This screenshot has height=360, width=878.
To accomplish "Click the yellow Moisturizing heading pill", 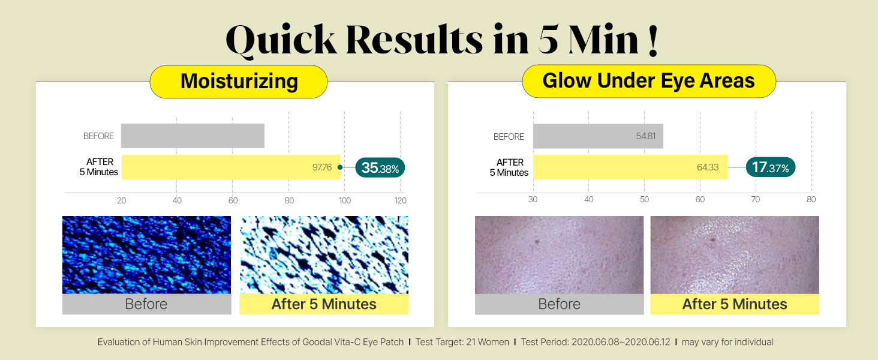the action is coord(239,82).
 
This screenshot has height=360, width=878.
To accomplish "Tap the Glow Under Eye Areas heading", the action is coord(649,81).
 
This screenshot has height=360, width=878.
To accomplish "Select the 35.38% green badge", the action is coord(380,168).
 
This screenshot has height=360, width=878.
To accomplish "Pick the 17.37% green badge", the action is coord(770,167).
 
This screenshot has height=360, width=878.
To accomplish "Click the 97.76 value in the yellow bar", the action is coord(322,167).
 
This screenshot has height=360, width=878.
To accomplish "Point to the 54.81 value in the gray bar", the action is coord(645,136).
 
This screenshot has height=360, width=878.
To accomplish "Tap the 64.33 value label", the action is coord(708,167).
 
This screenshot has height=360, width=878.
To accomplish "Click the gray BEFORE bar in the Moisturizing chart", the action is coord(193,136).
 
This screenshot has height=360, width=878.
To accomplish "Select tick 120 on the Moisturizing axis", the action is coord(400,200).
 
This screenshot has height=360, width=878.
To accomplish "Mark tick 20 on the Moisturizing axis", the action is coord(122,200).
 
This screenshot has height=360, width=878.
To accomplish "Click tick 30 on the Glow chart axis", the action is coord(533,199).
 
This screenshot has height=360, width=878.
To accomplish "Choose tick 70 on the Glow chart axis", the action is coord(755,199).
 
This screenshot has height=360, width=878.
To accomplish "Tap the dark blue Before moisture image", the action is coord(146,254).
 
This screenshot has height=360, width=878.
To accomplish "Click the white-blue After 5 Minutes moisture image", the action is coord(324,254).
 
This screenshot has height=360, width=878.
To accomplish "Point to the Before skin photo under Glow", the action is coord(559,254).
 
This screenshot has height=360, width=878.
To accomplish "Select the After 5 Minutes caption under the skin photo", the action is coord(735,304).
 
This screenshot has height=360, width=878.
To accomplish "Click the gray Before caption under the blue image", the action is coord(146,304).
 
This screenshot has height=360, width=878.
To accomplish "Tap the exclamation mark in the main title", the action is coord(653,40).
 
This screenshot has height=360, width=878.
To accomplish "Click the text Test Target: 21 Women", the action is coord(462,342).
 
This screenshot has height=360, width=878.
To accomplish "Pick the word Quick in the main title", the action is coord(281,41).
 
